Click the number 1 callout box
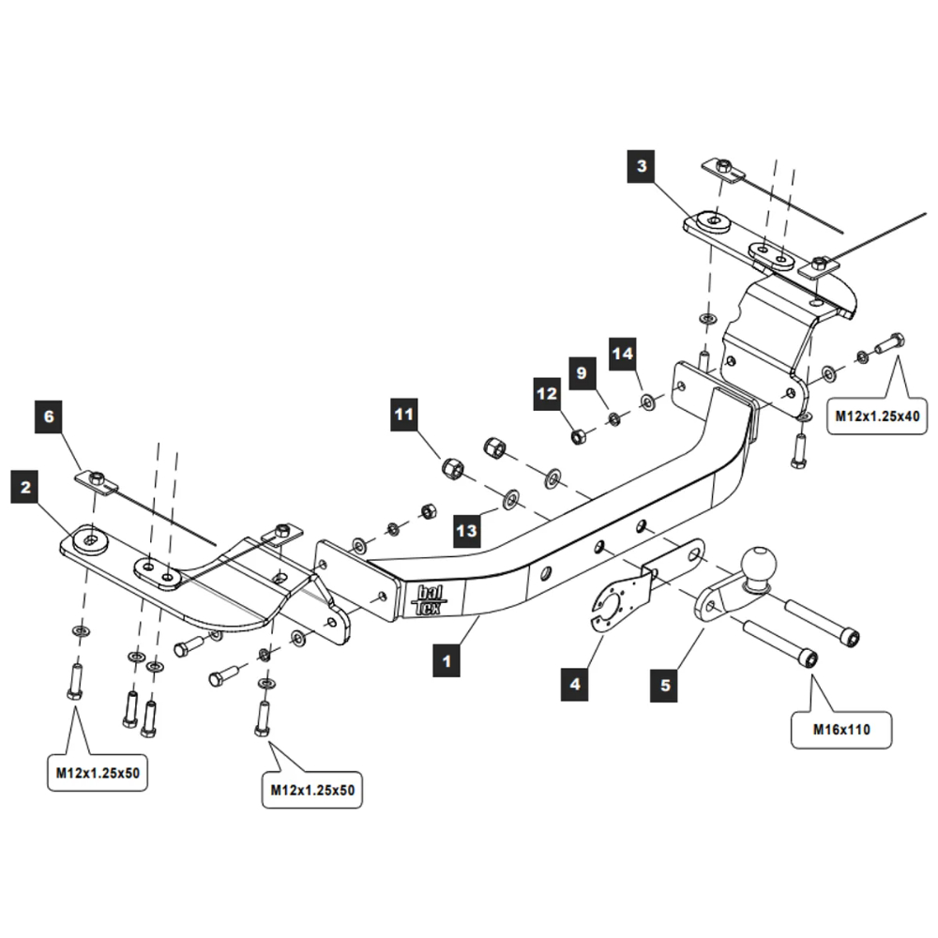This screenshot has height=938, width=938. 446,661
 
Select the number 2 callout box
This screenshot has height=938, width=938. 25,487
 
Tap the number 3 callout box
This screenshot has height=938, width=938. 642,168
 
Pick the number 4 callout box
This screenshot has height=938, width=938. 575,685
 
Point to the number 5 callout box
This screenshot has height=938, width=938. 665,685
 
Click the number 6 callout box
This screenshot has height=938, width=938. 50,416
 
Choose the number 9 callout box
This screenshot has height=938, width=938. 582,373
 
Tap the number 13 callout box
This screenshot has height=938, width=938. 467,531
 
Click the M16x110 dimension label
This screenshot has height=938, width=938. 840,728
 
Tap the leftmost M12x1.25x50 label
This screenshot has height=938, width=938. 97,774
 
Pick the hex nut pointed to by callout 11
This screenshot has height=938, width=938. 452,466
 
